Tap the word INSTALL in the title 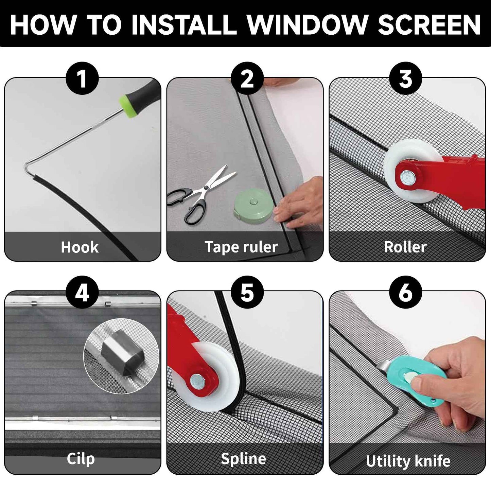(x=184, y=24)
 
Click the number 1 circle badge (x=82, y=78)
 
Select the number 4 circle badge (x=82, y=292)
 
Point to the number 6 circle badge (x=406, y=292)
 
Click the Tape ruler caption (x=241, y=247)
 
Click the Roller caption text (x=405, y=247)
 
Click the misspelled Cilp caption (x=81, y=459)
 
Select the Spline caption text (x=243, y=459)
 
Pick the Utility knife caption (x=408, y=461)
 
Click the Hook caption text (x=80, y=247)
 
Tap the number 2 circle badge (x=247, y=78)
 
